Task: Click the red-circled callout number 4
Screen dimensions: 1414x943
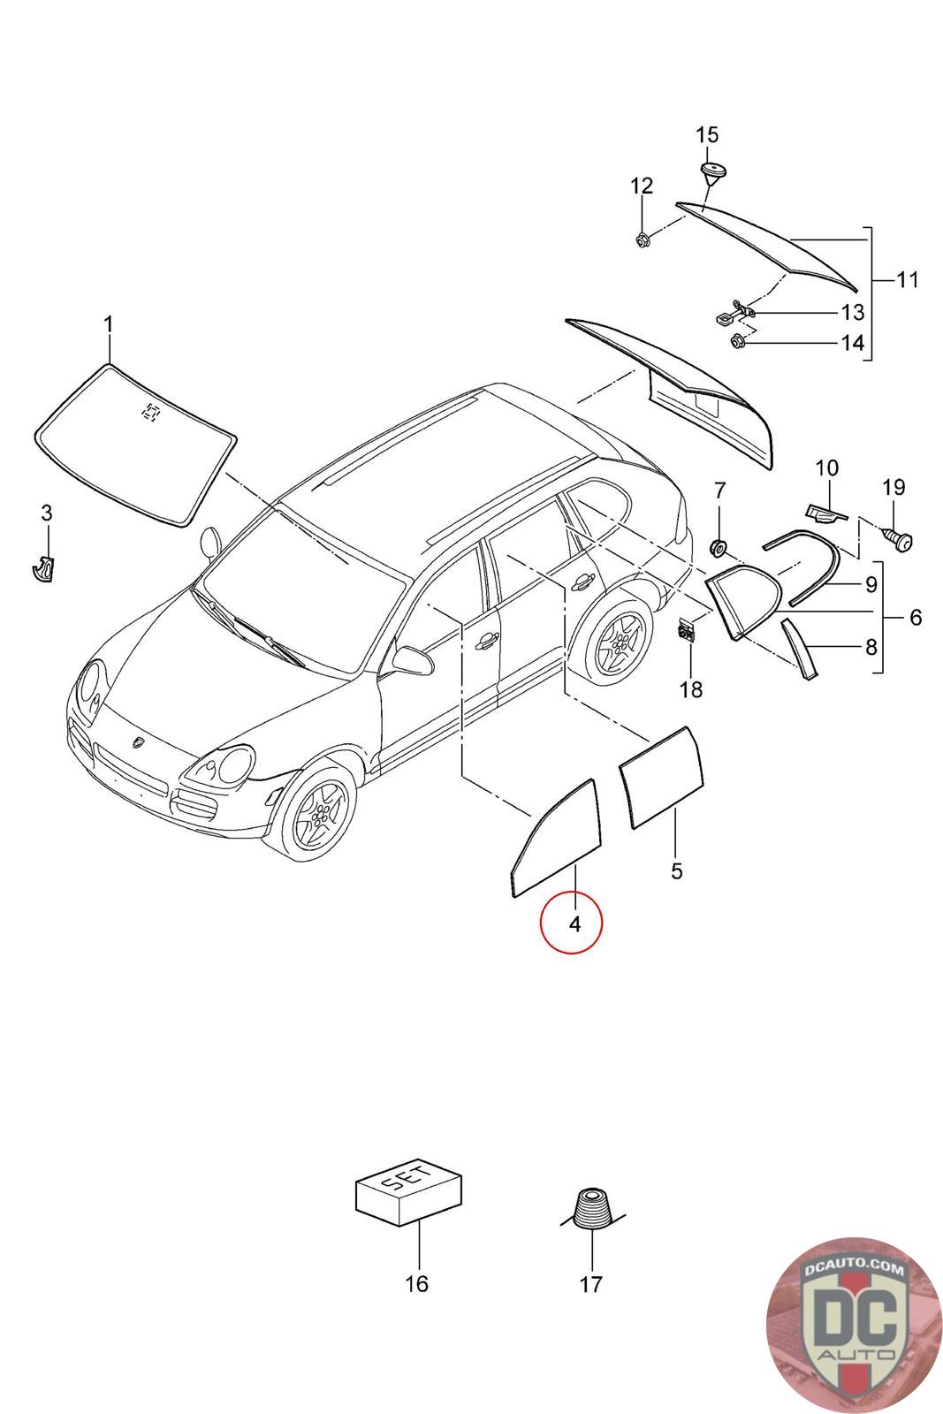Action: coord(573,924)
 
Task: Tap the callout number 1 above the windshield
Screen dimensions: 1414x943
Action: coord(108,325)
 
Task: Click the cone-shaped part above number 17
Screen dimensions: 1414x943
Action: coord(589,1205)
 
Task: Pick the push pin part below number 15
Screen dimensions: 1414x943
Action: coord(709,171)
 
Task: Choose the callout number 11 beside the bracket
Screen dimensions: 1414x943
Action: coord(907,280)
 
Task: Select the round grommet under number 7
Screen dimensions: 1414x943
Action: coord(719,548)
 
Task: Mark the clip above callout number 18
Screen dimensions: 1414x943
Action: coord(685,632)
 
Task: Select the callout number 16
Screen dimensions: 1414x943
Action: coord(415,1283)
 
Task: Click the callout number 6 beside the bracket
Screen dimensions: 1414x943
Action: coord(915,617)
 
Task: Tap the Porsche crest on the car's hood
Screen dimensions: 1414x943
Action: coord(140,743)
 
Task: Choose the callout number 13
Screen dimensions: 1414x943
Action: coord(852,312)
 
